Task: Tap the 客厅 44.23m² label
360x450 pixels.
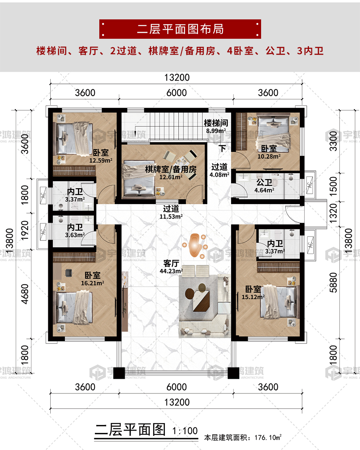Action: coord(171,267)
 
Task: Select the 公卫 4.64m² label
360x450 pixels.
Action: coord(264,186)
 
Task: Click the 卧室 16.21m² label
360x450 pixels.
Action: coord(93,279)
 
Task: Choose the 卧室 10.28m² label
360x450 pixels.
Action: coord(269,152)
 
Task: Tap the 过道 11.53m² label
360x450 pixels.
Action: coord(171,212)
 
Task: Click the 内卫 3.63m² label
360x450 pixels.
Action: coord(75,231)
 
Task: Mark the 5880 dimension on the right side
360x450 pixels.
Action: coord(333,282)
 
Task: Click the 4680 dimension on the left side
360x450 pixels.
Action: coord(25,294)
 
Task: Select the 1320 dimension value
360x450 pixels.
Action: coord(333,213)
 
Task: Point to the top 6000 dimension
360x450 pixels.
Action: coord(176,93)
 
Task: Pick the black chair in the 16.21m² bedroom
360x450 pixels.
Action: coord(68,272)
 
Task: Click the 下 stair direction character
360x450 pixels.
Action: coord(222,148)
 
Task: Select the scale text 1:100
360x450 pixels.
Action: coord(185,431)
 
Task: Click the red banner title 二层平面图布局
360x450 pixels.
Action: coord(180,29)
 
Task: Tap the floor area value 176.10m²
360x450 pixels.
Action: coord(268,437)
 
